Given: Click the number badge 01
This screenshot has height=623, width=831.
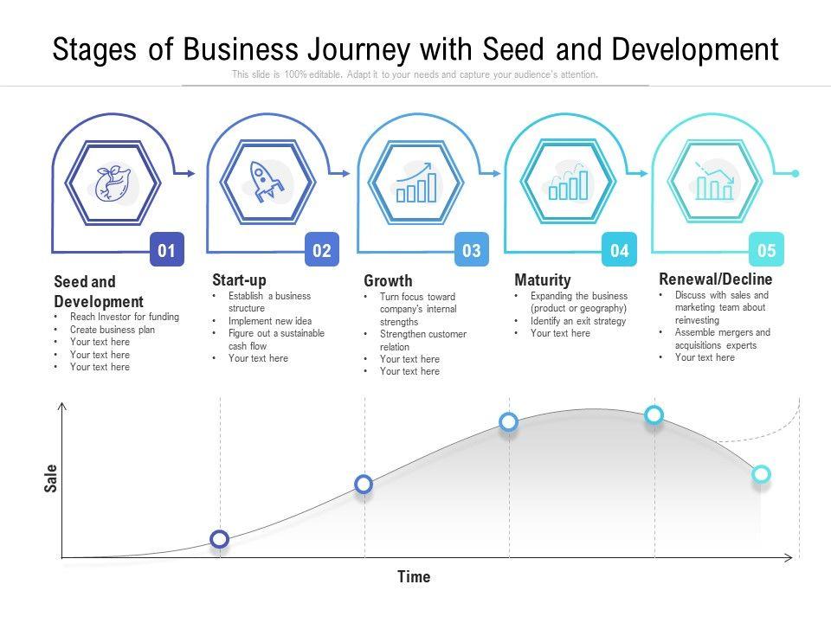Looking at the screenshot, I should point(167,251).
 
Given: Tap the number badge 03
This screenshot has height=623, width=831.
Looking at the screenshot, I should point(472,251).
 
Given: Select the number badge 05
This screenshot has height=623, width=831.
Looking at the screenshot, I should point(767,251).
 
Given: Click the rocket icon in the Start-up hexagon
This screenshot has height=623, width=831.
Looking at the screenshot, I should point(265,183).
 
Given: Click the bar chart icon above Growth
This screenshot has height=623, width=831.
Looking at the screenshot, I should point(416,183).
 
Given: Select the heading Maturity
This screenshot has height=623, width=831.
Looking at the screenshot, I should point(543,280).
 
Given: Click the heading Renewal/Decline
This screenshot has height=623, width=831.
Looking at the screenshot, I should point(715,279).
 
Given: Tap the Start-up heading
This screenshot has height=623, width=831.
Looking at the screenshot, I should point(239,280).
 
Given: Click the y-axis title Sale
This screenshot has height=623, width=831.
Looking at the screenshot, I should point(51,478).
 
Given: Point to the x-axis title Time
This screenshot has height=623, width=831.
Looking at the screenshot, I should point(414,576).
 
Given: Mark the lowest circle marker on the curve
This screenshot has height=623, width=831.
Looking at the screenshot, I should point(220,539).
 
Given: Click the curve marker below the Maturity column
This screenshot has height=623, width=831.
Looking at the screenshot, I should point(509,421).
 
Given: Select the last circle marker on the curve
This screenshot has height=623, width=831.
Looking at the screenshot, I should point(761,473).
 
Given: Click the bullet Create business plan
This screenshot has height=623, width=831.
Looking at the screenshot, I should point(113,330).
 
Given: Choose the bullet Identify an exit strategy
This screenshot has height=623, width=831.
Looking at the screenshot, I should point(577,321).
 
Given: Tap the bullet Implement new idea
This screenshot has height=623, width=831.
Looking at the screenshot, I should point(270,321).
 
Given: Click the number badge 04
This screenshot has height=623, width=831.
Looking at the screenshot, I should point(620,251).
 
